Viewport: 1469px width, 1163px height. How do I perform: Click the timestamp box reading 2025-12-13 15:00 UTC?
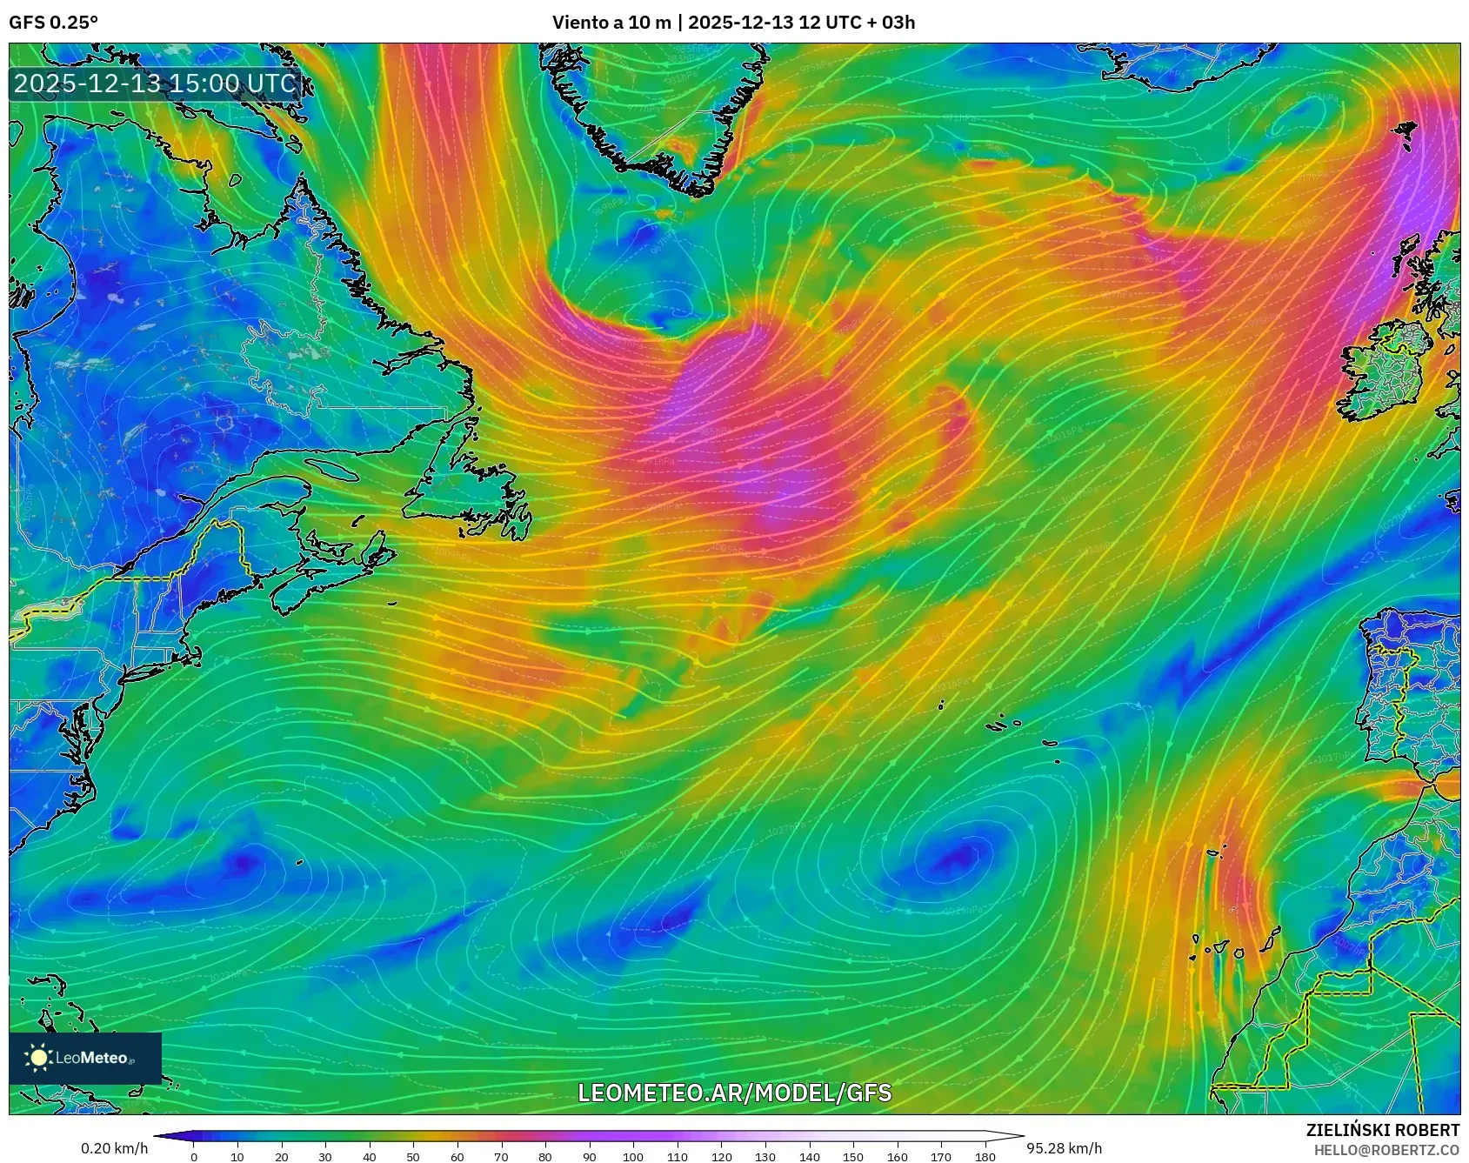point(156,84)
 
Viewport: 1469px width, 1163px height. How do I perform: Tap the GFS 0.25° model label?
point(53,23)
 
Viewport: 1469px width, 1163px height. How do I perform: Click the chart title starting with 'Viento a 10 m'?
point(733,23)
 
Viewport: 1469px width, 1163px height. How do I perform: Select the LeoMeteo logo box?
point(85,1058)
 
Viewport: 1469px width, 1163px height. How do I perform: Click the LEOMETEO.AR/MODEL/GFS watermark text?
point(734,1093)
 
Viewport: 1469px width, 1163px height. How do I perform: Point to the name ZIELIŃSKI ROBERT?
point(1382,1130)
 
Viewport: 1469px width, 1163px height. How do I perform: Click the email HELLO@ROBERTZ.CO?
point(1386,1150)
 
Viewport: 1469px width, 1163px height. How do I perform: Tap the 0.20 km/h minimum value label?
point(114,1148)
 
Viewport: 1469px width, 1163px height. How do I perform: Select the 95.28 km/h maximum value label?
point(1064,1148)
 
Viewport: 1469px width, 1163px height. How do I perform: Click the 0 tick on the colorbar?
point(193,1157)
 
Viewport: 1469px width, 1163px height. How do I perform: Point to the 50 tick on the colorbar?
point(413,1157)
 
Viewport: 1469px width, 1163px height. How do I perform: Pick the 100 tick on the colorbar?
point(633,1157)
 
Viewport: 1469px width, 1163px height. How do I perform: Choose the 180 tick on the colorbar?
point(985,1157)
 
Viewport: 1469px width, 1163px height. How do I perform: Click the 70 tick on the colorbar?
point(501,1157)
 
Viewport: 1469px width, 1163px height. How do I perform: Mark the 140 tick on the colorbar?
point(809,1157)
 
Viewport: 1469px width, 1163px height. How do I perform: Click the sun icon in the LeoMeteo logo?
point(38,1058)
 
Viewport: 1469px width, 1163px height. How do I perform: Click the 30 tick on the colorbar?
point(325,1157)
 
